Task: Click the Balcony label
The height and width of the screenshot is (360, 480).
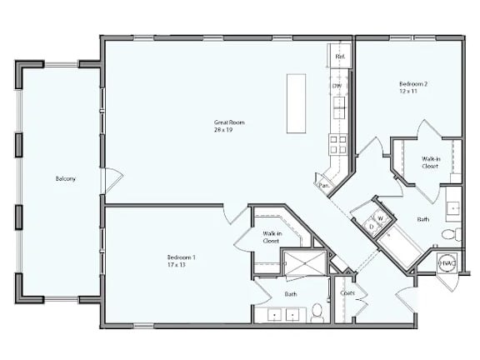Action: pos(66,178)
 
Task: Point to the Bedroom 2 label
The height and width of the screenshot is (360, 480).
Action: pos(412,84)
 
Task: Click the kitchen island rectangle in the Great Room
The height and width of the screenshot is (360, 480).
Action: pos(296,103)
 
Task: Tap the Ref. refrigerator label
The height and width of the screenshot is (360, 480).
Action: pos(340,57)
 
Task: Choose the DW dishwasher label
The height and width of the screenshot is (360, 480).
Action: pos(337,86)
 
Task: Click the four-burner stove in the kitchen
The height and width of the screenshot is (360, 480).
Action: pos(337,144)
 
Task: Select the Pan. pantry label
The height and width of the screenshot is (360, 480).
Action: pos(322,185)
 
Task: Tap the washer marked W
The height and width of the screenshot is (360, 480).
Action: pos(380,218)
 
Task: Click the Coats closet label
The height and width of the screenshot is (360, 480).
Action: pos(347,292)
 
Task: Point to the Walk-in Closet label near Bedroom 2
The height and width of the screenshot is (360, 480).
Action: pos(430,162)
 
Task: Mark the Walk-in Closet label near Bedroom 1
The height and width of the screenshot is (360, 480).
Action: pos(271,237)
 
